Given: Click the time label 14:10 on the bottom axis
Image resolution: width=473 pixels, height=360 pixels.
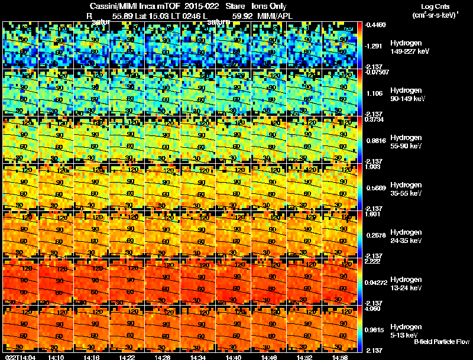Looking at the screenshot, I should (56, 356).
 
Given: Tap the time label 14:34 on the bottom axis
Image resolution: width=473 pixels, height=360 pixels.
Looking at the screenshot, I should (198, 356).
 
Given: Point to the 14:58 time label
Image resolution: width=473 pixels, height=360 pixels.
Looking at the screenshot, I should (340, 356).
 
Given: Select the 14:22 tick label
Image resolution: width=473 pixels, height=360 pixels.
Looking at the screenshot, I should (127, 356).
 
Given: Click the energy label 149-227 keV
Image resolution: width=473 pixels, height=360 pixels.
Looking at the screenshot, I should (409, 51).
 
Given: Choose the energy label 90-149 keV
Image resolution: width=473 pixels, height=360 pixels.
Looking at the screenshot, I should (407, 99).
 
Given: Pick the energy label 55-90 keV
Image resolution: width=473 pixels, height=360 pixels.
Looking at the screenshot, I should (406, 146).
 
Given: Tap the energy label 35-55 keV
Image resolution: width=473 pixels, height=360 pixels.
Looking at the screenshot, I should (406, 193).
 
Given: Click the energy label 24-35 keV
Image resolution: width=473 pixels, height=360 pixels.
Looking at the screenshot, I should (406, 241).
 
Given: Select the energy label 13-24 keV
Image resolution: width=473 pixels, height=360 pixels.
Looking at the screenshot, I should (406, 288).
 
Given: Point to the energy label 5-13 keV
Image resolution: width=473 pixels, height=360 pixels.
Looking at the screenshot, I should (404, 335).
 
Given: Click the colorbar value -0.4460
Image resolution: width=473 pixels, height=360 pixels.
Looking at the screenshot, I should (376, 25).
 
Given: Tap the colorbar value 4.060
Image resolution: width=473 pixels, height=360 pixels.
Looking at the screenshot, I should (374, 309).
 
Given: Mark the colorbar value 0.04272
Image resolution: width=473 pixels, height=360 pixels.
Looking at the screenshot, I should (377, 283).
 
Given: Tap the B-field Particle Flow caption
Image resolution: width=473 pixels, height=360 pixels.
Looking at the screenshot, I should (441, 342).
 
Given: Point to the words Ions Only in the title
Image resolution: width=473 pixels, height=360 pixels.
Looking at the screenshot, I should (269, 7).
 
